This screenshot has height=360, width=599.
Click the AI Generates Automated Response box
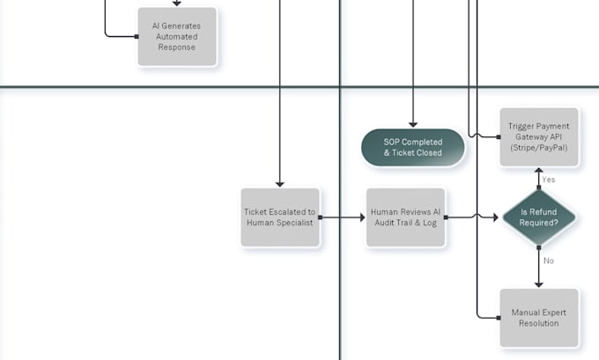coord(177,37)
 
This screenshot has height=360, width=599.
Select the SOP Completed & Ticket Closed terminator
coord(412,147)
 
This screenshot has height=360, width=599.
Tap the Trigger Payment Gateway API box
coord(538,137)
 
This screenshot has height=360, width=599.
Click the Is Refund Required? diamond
coord(538,217)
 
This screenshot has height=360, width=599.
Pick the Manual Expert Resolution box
coord(538,318)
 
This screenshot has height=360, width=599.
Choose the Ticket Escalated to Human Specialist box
coord(280,217)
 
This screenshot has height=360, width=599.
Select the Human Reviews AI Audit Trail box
coord(405,217)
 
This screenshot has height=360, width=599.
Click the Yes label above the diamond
coord(549,180)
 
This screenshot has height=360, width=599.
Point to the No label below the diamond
coord(549,261)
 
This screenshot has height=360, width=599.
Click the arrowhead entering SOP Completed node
coord(413,124)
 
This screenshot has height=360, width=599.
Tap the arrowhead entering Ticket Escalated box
coord(280,184)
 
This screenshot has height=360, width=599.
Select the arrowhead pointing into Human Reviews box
coord(363,217)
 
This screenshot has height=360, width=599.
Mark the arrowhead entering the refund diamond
coord(496,217)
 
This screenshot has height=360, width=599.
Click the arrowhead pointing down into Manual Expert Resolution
coord(538,285)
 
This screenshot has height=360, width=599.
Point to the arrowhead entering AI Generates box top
coord(176,4)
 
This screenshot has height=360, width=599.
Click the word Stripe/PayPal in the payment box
coord(538,148)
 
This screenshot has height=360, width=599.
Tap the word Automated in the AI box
coord(176,37)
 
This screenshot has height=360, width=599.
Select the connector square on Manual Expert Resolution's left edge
coord(499,318)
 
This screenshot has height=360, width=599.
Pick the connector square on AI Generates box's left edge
coord(137,37)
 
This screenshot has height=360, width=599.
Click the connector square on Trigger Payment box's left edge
coord(499,137)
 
